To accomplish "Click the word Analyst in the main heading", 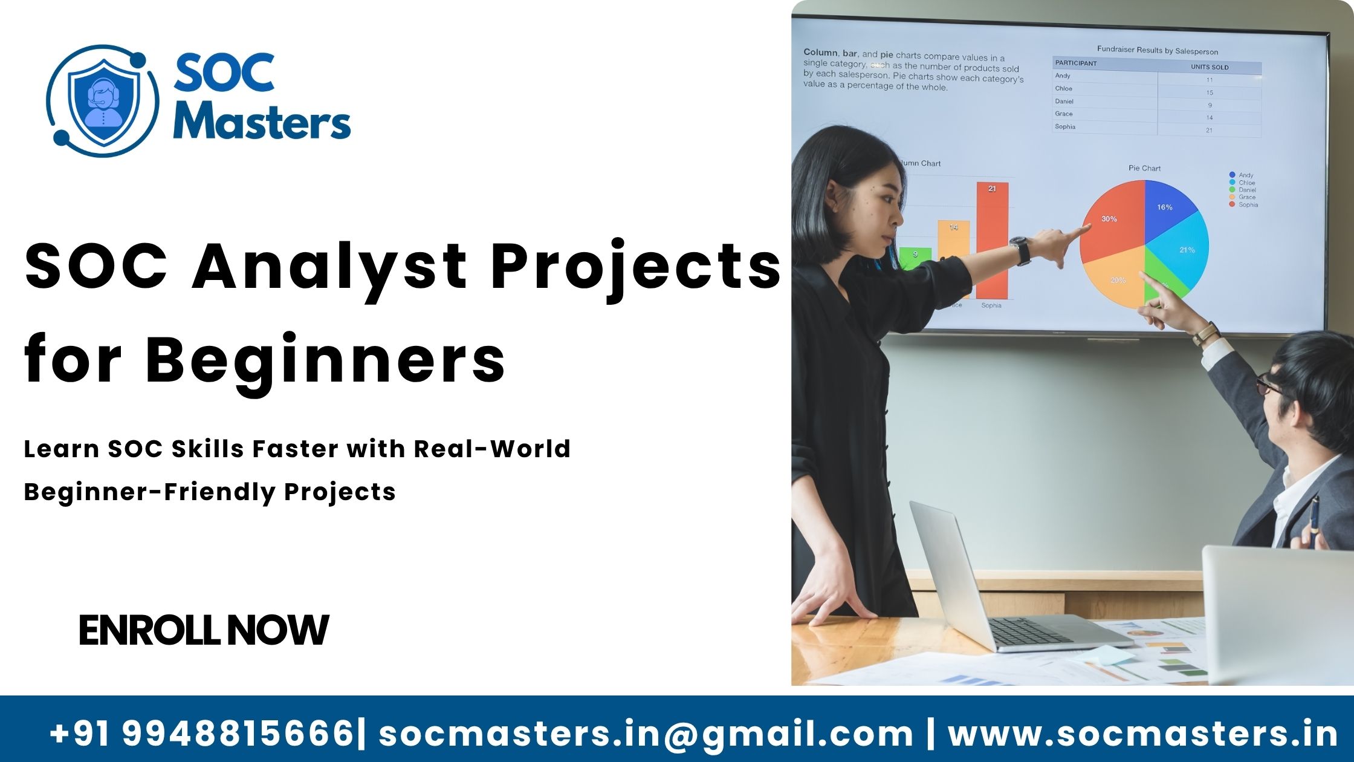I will click(x=329, y=267).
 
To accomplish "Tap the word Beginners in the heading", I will click(x=325, y=359).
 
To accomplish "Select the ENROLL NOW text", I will click(x=204, y=630).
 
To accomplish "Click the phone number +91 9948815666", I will click(x=202, y=733).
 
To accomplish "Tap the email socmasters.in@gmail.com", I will click(x=646, y=733).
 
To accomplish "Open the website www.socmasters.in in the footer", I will click(x=1142, y=733).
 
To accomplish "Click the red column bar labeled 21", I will click(x=992, y=242).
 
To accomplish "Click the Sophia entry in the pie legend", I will click(x=1247, y=205).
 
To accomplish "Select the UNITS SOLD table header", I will click(x=1210, y=67).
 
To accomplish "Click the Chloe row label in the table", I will click(x=1064, y=88).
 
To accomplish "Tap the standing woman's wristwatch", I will click(x=1021, y=250).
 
